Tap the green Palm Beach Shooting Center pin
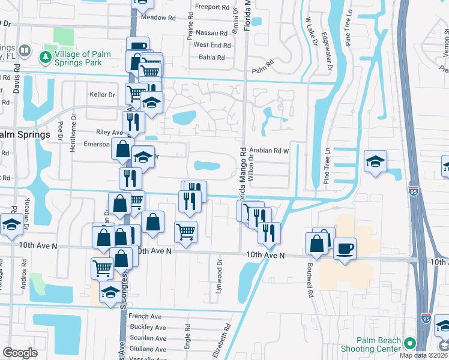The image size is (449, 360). point(410,343)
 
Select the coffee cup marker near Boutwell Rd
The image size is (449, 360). point(345,248)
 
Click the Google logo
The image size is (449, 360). point(20,353)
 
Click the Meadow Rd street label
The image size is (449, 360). point(153,17)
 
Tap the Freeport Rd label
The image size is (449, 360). point(212,8)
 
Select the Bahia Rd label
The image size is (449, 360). point(212,58)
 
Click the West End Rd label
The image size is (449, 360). point(212,45)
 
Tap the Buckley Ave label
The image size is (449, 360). point(148,327)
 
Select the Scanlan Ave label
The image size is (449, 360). point(148,338)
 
